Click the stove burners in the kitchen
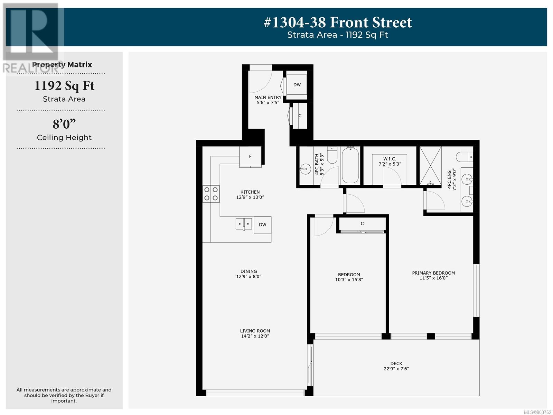[x=211, y=194]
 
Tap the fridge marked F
[x=250, y=156]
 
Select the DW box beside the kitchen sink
[x=262, y=225]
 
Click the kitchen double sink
[x=244, y=224]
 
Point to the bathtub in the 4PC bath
[x=350, y=165]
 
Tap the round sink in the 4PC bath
[x=305, y=169]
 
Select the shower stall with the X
[x=430, y=166]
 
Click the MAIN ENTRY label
[x=268, y=97]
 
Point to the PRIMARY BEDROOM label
[x=433, y=273]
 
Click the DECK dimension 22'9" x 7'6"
[x=396, y=369]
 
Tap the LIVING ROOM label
[x=255, y=331]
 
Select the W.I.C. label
[x=390, y=159]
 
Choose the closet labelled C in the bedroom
[x=362, y=224]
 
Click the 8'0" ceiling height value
[x=64, y=124]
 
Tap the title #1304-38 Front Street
[x=338, y=22]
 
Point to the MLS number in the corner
[x=537, y=412]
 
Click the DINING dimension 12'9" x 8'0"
[x=249, y=276]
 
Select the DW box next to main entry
[x=297, y=85]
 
